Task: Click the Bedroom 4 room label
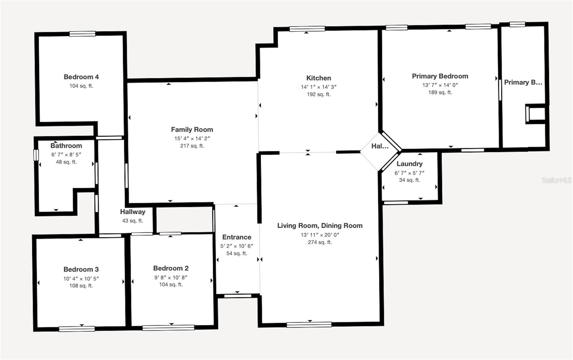[81, 77]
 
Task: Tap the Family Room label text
[192, 130]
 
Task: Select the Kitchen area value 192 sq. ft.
[318, 94]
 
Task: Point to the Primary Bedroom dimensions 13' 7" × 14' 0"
[440, 85]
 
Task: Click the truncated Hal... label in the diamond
[380, 146]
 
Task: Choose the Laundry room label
[409, 164]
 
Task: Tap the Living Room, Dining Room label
[320, 225]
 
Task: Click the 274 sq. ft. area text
[320, 242]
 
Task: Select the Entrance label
[237, 237]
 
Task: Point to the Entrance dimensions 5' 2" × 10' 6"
[237, 246]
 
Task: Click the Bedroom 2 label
[171, 268]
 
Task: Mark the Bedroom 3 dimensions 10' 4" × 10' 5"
[81, 278]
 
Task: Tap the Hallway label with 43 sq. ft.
[133, 212]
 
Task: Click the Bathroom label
[66, 146]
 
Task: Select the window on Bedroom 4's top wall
[82, 34]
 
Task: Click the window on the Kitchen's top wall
[307, 29]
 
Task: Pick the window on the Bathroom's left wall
[36, 155]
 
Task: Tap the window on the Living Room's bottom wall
[309, 325]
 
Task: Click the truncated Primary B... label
[523, 82]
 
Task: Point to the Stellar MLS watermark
[556, 180]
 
